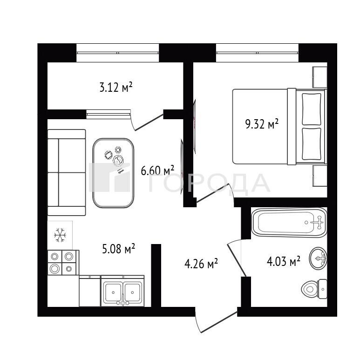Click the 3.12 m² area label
coord(116,87)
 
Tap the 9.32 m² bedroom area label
coord(262,124)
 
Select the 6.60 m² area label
coord(157,170)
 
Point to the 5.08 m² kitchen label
coord(118,249)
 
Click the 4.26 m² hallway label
coord(201,264)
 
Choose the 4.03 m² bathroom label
coord(284,261)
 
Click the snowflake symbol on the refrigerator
coord(60,235)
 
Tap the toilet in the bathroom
coord(314,289)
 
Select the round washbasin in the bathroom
coord(318,258)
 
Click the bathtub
coord(289,222)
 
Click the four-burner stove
coord(62,262)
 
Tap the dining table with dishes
coord(113,173)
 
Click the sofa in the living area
coord(67,172)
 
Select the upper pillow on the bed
coord(312,109)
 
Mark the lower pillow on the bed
coord(312,143)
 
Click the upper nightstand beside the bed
coord(319,77)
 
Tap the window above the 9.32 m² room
coord(257,53)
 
